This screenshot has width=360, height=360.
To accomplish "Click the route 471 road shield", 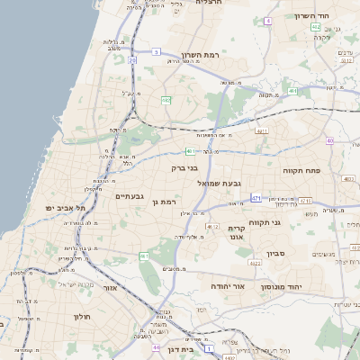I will click(256, 197).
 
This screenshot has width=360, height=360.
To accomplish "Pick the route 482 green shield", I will click(166, 100).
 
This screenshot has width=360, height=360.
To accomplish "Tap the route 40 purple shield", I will click(330, 140).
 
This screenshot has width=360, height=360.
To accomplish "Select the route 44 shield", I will click(157, 346).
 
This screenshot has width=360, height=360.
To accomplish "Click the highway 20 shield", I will click(131, 59).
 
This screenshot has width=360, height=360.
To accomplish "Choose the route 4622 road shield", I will click(256, 264).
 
